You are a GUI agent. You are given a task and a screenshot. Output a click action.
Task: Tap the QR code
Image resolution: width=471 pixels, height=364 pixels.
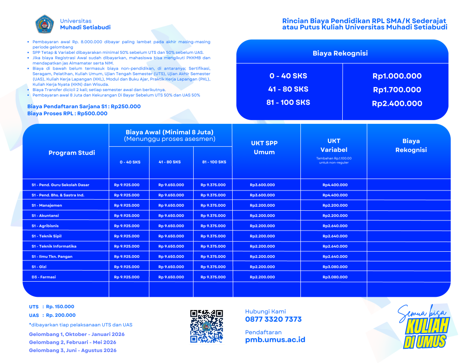coord(207,326)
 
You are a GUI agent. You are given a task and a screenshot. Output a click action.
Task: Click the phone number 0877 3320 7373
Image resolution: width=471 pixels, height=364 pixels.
coord(273,319)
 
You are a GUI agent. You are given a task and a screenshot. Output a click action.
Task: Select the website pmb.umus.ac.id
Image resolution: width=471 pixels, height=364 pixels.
coord(275,340)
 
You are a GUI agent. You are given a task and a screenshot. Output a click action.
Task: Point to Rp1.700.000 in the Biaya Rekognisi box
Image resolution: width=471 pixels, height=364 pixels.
coord(396,90)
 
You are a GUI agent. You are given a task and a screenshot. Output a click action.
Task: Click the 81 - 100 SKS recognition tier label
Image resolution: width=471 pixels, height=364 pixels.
coord(288,102)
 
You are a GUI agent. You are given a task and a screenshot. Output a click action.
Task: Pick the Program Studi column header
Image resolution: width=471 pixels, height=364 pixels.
coord(72,153)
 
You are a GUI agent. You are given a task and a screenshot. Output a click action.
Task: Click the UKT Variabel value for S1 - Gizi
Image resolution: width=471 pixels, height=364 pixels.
coord(335,267)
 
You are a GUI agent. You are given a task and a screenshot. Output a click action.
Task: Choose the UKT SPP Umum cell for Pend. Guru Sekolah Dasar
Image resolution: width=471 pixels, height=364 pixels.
coord(262,185)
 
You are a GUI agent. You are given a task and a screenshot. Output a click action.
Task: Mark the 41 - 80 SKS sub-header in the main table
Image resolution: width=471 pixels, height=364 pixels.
coord(169,162)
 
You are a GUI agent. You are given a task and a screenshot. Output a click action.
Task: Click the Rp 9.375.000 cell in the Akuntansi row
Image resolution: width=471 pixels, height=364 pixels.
coord(213,216)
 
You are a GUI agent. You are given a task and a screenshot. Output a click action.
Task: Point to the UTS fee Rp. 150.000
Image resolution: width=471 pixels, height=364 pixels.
coord(60,306)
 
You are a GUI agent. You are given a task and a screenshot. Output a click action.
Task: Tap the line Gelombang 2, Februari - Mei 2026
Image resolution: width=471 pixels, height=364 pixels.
coord(73,342)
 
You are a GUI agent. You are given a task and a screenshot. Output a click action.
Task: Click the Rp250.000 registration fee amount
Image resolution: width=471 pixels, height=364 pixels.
coord(126,106)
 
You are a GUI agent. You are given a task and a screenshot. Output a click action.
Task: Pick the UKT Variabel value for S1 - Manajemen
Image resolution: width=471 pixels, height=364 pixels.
coord(335,206)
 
